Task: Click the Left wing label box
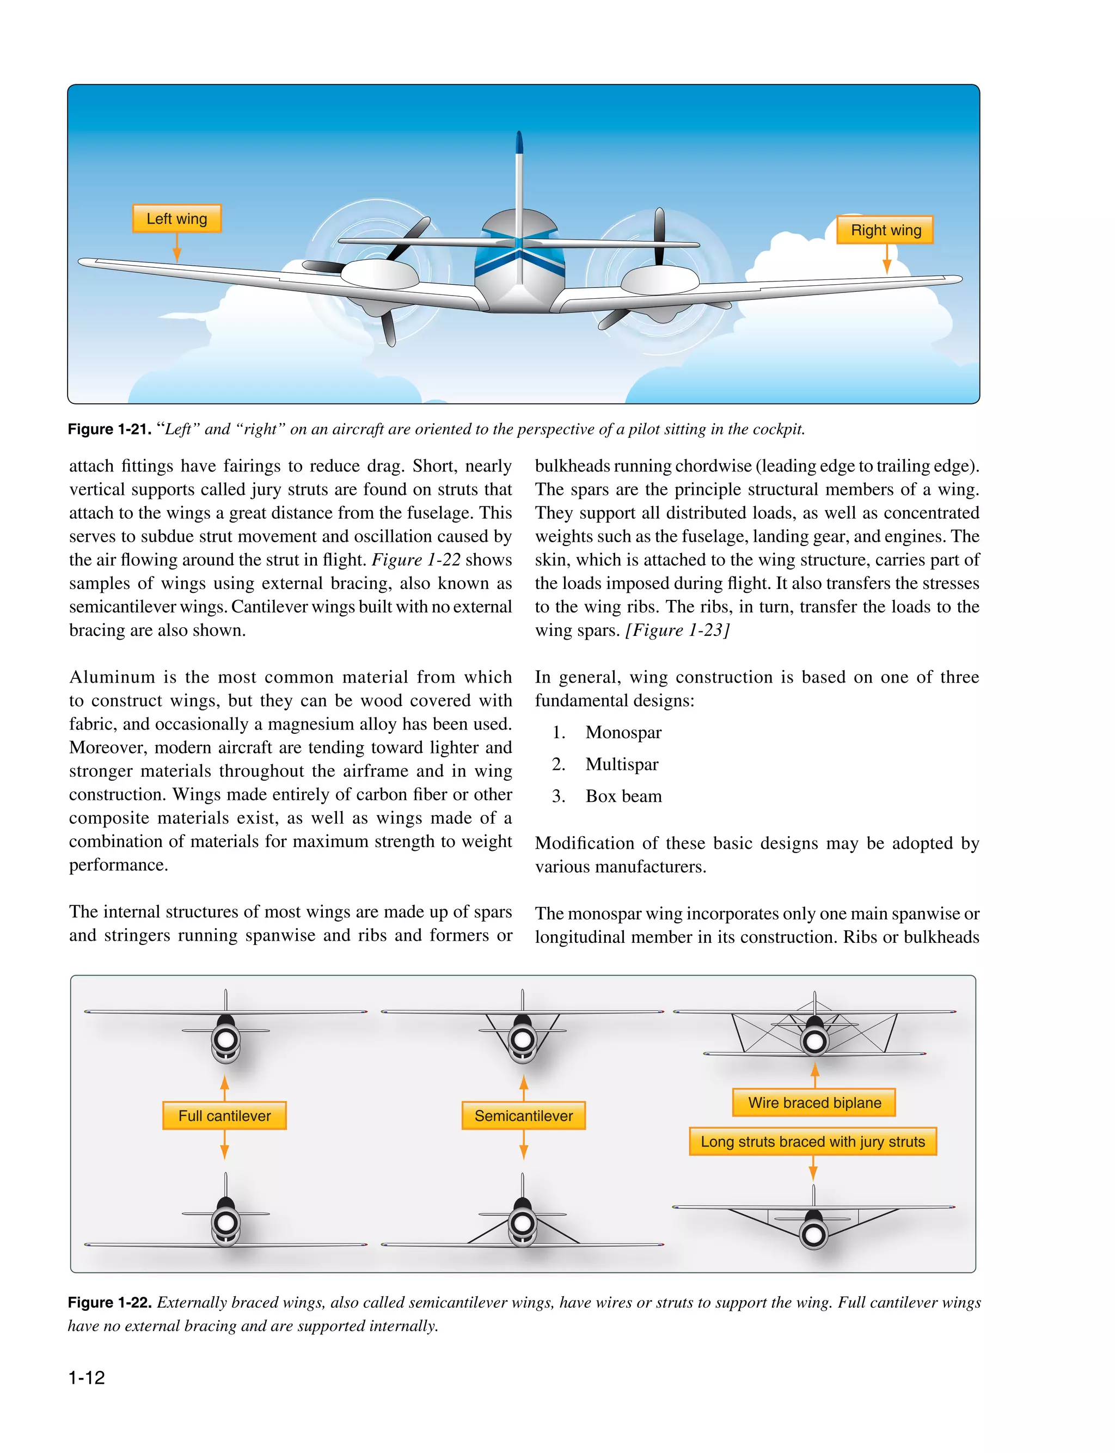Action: coord(176,218)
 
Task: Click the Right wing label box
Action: coord(885,230)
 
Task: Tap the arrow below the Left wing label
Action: coord(176,248)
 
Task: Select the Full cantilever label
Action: coord(224,1115)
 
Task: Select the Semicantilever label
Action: coord(523,1115)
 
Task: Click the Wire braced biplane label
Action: coord(814,1102)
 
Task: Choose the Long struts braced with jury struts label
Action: coord(812,1141)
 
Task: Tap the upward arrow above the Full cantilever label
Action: coord(224,1086)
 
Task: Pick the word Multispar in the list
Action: coord(621,764)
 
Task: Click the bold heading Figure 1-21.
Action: coord(109,430)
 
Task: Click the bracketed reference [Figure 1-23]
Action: coord(677,630)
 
